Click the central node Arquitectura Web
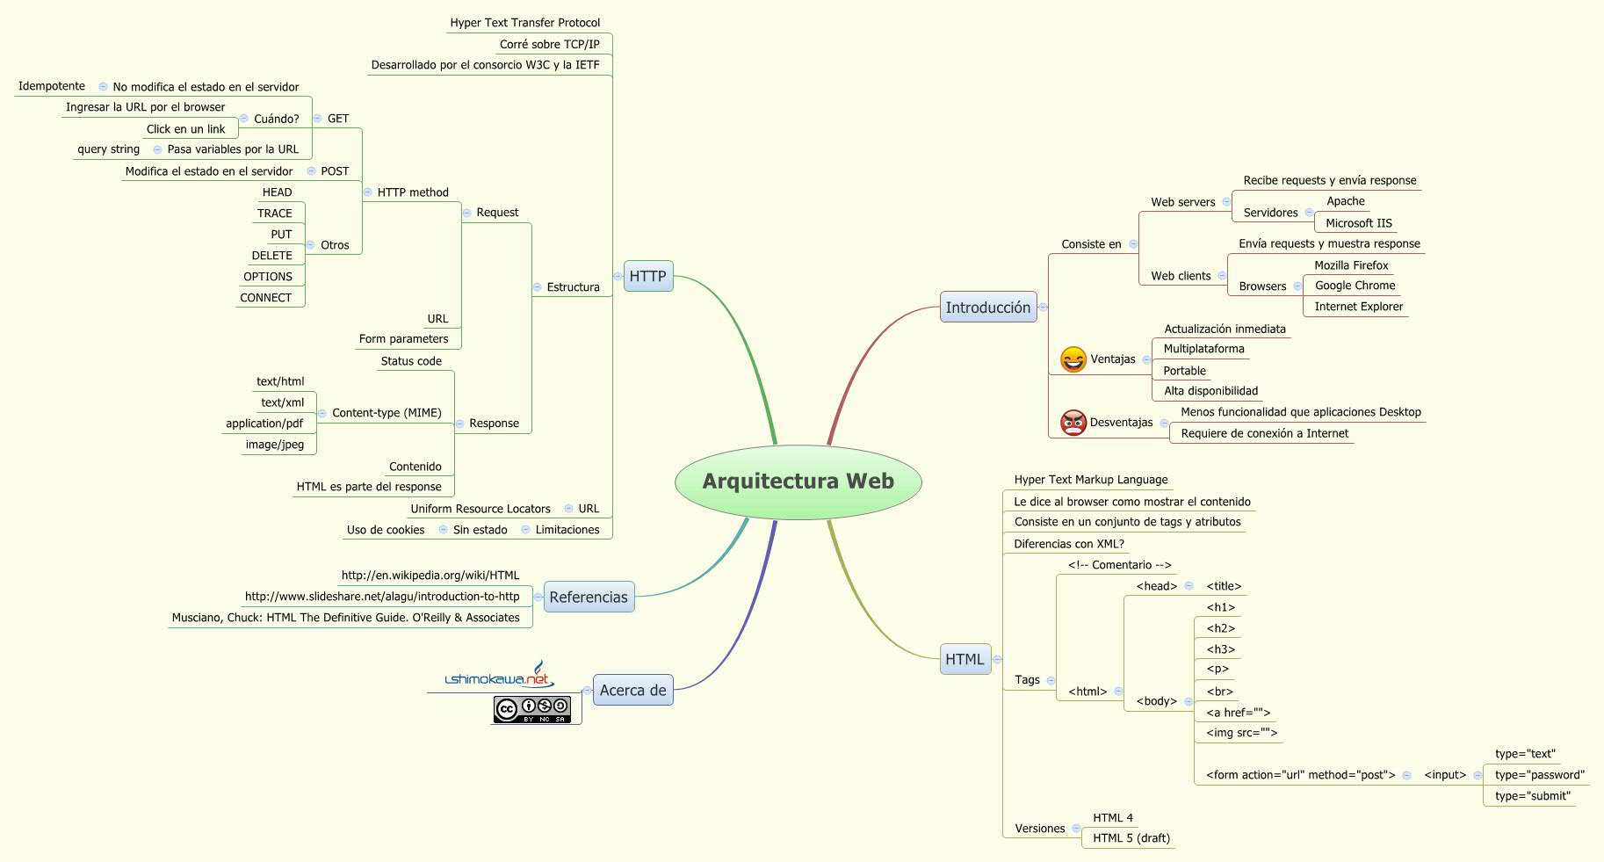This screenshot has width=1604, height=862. [x=798, y=482]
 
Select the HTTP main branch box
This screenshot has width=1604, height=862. [x=647, y=276]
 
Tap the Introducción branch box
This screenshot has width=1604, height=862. [x=987, y=308]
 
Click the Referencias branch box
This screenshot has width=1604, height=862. [x=589, y=597]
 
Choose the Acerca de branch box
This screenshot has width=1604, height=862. [x=632, y=690]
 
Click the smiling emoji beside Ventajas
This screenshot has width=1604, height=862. [x=1073, y=359]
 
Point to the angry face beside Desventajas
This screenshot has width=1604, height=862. [x=1073, y=423]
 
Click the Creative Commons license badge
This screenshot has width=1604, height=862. [x=532, y=709]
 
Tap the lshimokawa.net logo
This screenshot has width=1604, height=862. [x=499, y=677]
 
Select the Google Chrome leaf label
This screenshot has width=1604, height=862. [x=1355, y=286]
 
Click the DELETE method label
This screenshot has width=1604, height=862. [x=272, y=256]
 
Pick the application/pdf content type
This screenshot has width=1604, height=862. [x=264, y=424]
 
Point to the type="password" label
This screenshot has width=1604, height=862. [x=1539, y=775]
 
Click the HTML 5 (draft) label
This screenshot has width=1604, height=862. [x=1131, y=838]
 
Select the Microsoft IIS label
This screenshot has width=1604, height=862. [x=1358, y=223]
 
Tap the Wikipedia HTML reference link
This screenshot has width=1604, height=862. [x=430, y=576]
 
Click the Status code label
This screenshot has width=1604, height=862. [x=411, y=361]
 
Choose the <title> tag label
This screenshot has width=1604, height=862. [x=1224, y=586]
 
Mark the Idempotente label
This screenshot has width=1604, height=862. [x=52, y=86]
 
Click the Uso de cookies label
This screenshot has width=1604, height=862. [x=386, y=530]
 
